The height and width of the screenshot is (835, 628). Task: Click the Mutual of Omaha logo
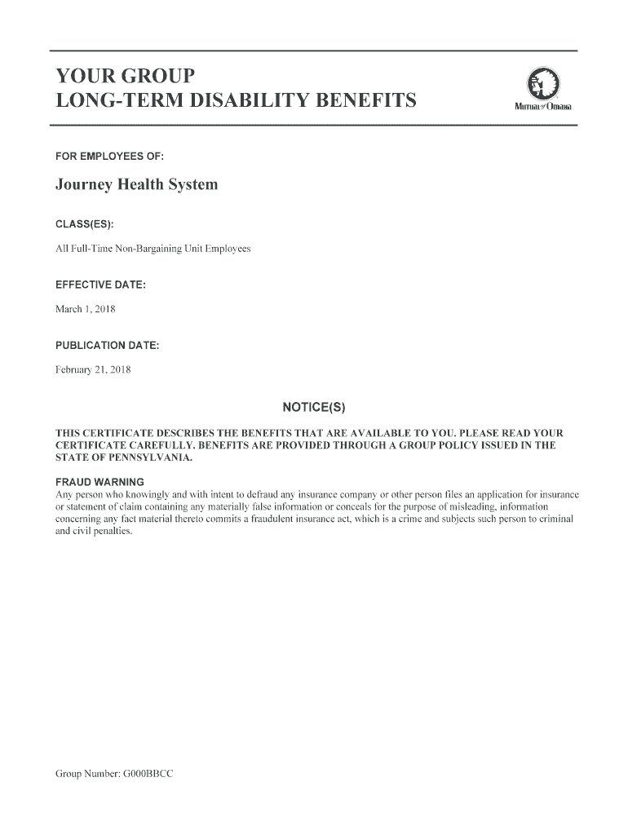click(x=542, y=90)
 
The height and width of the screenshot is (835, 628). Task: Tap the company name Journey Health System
click(x=136, y=185)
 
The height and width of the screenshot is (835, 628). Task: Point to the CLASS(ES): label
click(x=85, y=223)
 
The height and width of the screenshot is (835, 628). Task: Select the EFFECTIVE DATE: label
click(x=100, y=285)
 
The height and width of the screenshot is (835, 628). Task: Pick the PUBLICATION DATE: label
click(x=107, y=346)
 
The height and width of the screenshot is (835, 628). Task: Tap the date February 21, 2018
click(x=93, y=370)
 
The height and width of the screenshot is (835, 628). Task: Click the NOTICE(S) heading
click(x=314, y=407)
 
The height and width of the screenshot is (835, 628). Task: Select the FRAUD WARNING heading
click(x=100, y=481)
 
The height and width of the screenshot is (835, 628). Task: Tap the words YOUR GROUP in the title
click(x=125, y=77)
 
